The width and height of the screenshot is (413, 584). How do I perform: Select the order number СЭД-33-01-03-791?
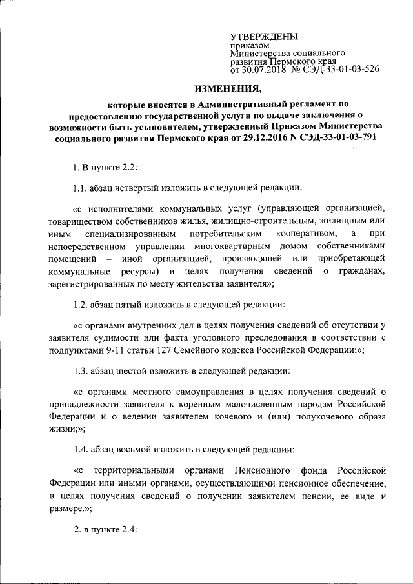click(x=332, y=137)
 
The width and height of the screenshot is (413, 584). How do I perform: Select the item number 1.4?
click(x=80, y=448)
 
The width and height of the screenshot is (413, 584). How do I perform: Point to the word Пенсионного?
click(x=263, y=470)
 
